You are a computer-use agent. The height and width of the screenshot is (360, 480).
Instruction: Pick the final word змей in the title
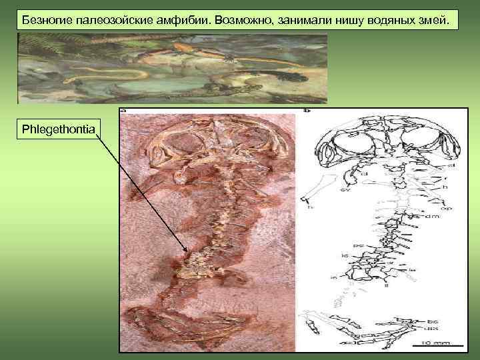[439, 19]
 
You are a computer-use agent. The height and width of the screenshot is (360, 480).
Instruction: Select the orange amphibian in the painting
[193, 49]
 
